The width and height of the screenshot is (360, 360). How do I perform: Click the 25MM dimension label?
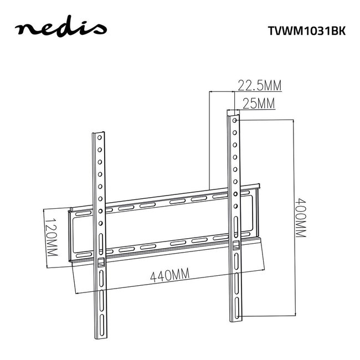(259, 102)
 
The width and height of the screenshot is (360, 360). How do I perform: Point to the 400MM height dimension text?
(301, 217)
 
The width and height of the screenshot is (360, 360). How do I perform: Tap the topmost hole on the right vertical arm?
(235, 119)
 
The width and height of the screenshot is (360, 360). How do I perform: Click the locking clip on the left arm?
(100, 261)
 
